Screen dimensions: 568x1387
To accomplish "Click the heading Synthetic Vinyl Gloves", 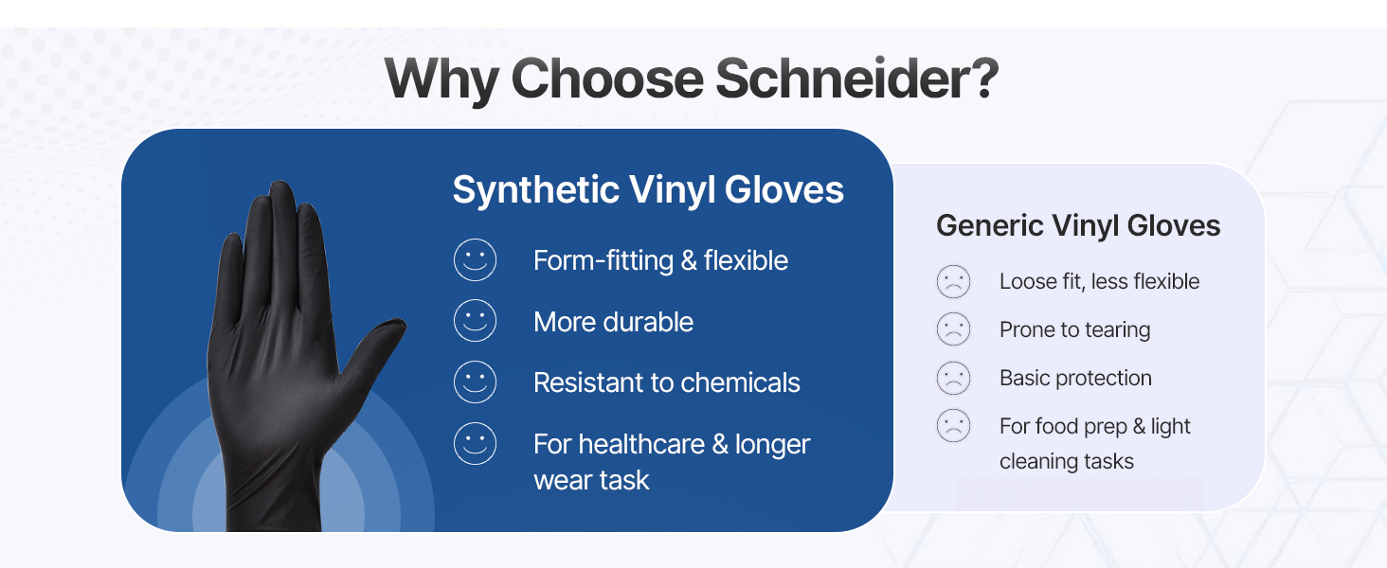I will coord(648,190).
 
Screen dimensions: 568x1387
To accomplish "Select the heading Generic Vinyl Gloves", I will coord(1078,225).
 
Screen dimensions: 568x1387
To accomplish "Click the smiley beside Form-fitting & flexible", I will coord(475,260).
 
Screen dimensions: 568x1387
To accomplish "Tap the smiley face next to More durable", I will coord(475,322).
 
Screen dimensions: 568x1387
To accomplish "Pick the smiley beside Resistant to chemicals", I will coord(475,382).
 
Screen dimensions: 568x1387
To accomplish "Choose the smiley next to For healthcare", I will coord(475,444).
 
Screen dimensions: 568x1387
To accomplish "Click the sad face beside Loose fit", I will coord(954,282).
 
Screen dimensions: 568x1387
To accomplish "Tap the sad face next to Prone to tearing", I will coord(954,330).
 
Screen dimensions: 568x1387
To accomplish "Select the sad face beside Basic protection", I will coord(954,379).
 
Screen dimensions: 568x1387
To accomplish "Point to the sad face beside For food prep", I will coord(954,427).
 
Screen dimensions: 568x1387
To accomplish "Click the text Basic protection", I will coord(1075,379).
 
